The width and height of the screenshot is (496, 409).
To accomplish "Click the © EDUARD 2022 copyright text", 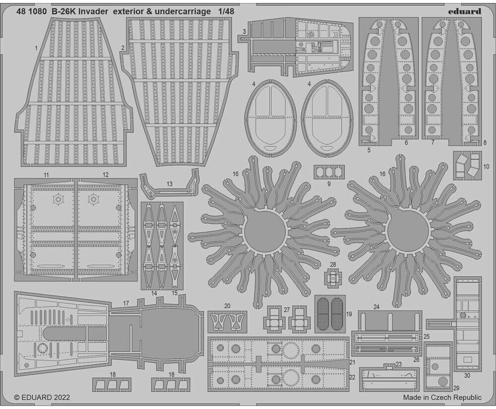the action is point(42,398).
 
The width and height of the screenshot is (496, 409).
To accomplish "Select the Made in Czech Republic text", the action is point(442,398).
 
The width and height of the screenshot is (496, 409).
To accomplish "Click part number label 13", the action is point(170,184).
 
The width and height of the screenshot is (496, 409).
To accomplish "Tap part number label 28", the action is point(333,264).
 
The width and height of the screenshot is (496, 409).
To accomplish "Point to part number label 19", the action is point(349,314).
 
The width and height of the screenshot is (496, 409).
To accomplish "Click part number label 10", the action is point(486,166).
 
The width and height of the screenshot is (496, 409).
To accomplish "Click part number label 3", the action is point(244,31).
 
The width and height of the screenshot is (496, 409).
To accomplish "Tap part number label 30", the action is point(467,375).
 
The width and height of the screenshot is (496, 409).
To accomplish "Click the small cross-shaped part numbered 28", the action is point(333,279).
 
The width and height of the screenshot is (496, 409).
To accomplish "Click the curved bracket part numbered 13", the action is point(169,188).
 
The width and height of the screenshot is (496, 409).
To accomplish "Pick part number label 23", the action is point(398,364).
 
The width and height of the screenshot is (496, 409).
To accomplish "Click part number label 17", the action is point(126,303).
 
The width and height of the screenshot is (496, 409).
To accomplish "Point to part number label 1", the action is point(36,48).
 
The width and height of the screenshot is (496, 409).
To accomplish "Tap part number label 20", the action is point(227,306).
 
